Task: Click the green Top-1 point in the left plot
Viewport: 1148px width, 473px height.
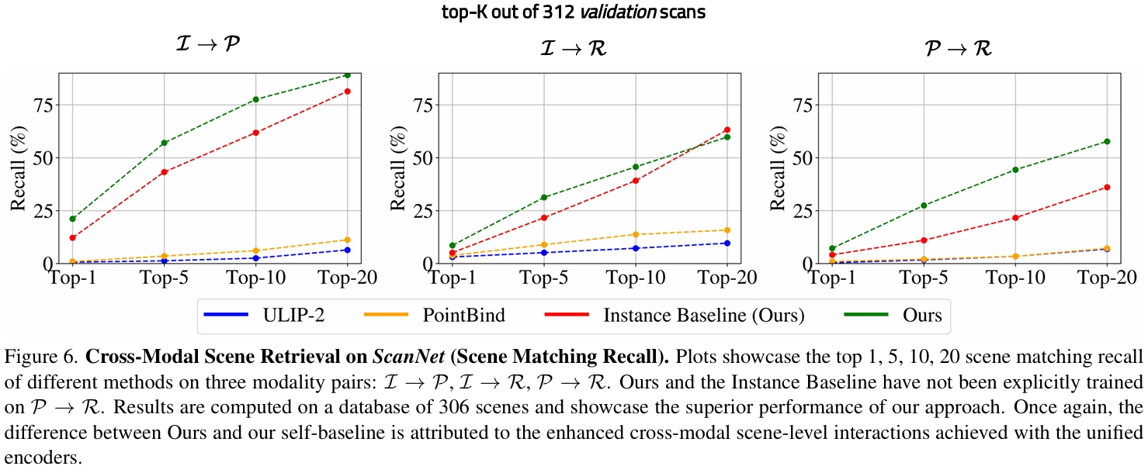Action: [x=72, y=219]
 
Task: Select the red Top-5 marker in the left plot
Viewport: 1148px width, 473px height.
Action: [x=165, y=171]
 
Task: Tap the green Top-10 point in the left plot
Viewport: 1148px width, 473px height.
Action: [x=255, y=99]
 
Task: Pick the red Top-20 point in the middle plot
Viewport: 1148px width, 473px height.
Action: [x=727, y=129]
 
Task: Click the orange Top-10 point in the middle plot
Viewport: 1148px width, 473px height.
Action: [x=635, y=234]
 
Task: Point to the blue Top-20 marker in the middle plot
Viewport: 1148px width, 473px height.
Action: [x=727, y=243]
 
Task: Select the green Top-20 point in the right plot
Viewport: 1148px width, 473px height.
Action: [x=1107, y=141]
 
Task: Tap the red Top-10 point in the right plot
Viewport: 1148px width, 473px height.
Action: [x=1015, y=217]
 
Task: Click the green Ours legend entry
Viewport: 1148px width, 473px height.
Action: [x=892, y=316]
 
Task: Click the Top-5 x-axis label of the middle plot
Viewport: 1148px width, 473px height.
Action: [x=543, y=277]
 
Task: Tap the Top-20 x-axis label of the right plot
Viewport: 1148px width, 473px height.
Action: [x=1107, y=277]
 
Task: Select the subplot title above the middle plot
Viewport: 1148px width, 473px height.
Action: [x=574, y=48]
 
